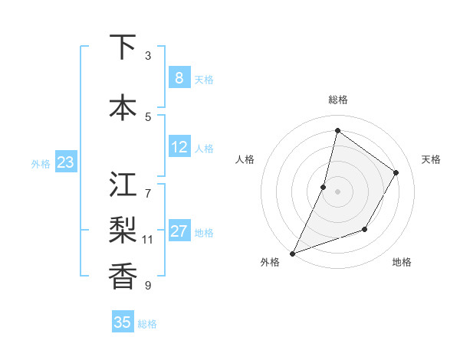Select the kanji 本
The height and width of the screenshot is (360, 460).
123,107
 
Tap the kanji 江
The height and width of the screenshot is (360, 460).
123,185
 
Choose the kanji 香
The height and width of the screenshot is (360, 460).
123,274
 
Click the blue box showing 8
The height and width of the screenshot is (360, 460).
179,77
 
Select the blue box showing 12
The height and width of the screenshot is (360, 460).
179,147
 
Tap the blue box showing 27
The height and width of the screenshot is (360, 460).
179,231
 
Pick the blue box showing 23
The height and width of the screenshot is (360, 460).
65,162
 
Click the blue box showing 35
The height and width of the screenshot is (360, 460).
123,322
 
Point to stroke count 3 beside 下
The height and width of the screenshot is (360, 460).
148,56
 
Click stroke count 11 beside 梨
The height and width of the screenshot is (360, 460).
148,240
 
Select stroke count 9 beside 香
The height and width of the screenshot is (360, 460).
148,286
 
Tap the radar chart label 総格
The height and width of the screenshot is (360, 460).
337,100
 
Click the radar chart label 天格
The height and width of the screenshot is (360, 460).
431,159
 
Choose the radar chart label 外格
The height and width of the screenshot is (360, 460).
270,263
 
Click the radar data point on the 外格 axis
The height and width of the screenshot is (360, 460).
292,253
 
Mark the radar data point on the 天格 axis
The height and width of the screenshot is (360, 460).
396,172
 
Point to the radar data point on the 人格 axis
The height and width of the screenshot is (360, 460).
324,187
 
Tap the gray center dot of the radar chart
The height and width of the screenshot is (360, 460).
337,191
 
